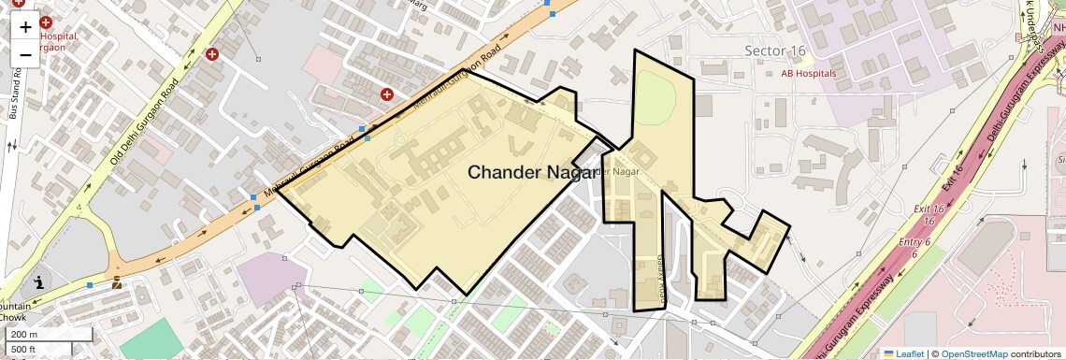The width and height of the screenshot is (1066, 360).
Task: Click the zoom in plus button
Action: pyautogui.click(x=25, y=27)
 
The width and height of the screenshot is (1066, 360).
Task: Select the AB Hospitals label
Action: pyautogui.click(x=808, y=73)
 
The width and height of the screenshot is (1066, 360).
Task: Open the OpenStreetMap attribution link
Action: pyautogui.click(x=973, y=353)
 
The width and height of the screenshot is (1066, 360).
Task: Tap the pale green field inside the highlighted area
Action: pyautogui.click(x=662, y=98)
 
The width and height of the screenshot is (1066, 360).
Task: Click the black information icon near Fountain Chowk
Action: pyautogui.click(x=39, y=281)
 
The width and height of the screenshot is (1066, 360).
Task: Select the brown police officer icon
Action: pyautogui.click(x=117, y=281)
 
